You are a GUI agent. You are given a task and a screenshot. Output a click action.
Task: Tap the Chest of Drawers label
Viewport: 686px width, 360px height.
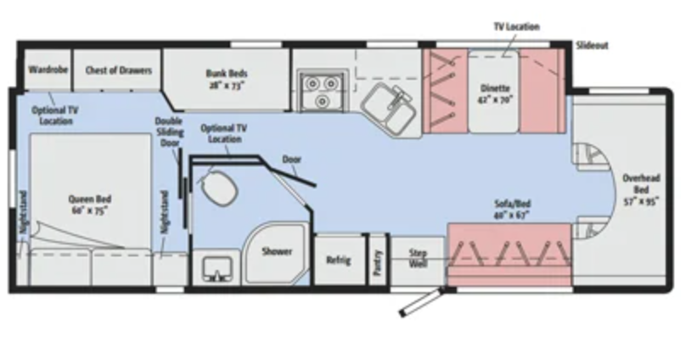[x=118, y=70]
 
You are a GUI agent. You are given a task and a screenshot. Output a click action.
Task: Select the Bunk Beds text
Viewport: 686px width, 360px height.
[x=225, y=78]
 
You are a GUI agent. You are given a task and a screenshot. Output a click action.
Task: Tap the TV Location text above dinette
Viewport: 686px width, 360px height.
[x=516, y=26]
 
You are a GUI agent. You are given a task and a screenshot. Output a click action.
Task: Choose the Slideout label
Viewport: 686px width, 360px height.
[x=591, y=45]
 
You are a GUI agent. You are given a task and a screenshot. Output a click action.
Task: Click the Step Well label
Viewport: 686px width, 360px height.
[x=419, y=258]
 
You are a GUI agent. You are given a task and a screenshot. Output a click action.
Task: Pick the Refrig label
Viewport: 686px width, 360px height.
[x=338, y=260]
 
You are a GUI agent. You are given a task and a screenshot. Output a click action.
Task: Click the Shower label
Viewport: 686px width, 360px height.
[x=277, y=251]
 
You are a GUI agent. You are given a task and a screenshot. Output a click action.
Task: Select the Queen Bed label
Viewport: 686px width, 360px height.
[x=89, y=205]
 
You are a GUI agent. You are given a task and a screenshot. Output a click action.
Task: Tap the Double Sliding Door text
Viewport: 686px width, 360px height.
[x=168, y=132]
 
